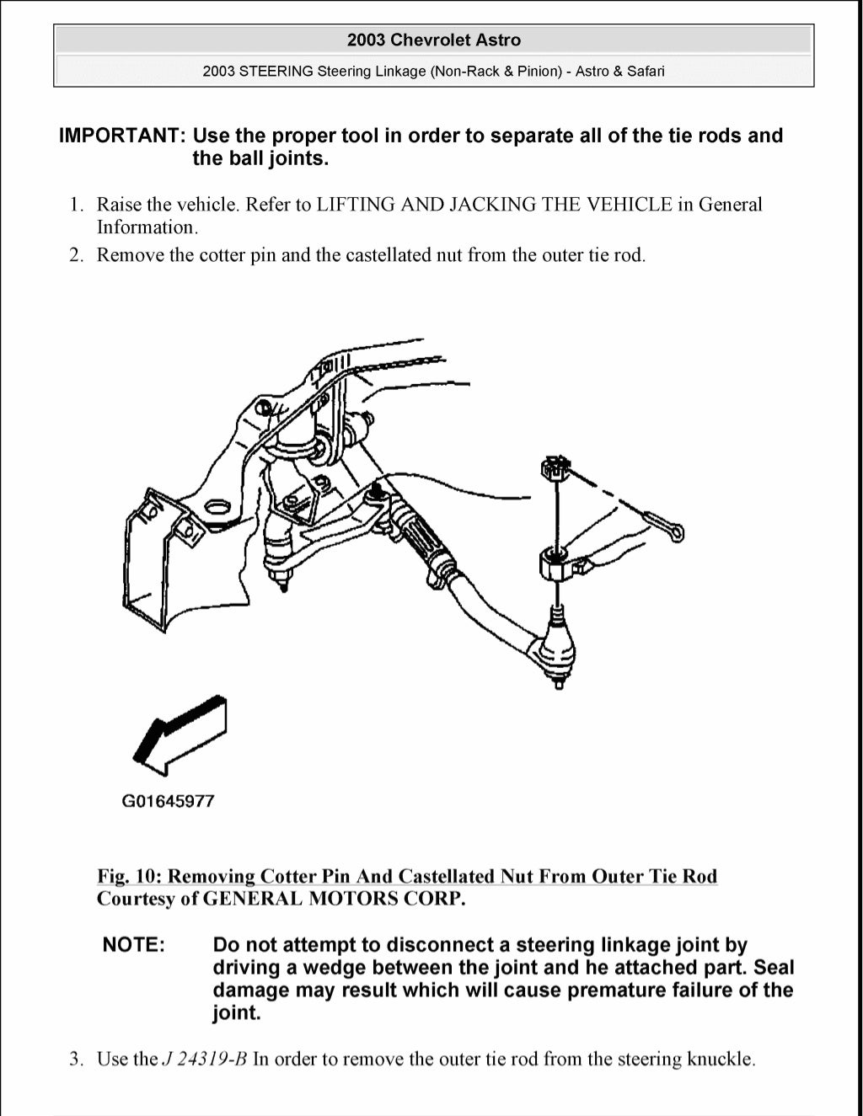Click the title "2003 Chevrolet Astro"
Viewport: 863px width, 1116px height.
(433, 40)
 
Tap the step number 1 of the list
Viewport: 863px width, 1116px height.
(76, 205)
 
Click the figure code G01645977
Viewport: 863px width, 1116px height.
(169, 801)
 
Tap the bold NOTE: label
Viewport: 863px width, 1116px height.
(133, 945)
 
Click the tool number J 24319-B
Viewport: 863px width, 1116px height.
(204, 1059)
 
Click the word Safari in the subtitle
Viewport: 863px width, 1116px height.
(645, 72)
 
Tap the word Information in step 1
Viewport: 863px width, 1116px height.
(146, 227)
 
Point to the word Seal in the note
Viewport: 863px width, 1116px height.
(773, 968)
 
